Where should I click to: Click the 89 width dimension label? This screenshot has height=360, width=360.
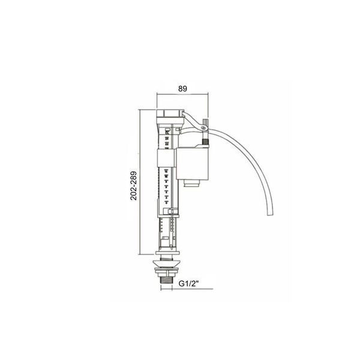[x=182, y=89]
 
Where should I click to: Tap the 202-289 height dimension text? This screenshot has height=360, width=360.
[x=133, y=186]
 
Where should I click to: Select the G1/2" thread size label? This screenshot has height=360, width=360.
[x=188, y=284]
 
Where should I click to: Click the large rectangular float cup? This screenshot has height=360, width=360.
[x=193, y=164]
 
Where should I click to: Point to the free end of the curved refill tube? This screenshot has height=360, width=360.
[x=271, y=214]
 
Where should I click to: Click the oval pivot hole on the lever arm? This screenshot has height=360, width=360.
[x=203, y=128]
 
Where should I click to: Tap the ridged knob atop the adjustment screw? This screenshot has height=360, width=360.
[x=205, y=121]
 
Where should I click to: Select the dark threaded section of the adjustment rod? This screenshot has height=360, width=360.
[x=205, y=141]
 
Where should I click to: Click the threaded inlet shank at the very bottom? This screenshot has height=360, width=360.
[x=166, y=281]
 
